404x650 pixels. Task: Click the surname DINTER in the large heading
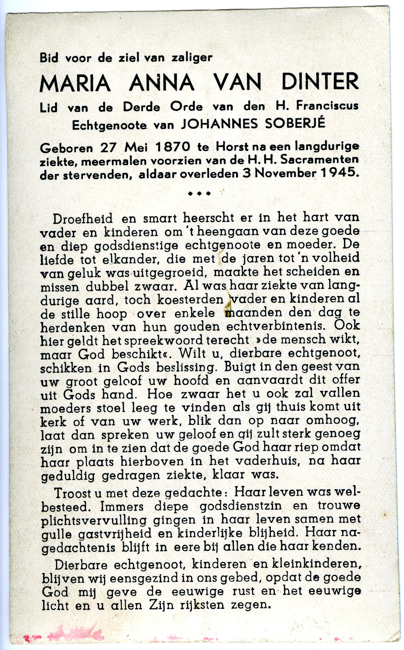(320, 82)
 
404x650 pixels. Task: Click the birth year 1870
(173, 148)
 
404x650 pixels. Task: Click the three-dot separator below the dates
(199, 194)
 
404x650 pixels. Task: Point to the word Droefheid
(83, 218)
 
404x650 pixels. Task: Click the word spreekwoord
(167, 340)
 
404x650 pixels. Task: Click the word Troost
(72, 493)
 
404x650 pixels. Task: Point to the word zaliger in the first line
(192, 57)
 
